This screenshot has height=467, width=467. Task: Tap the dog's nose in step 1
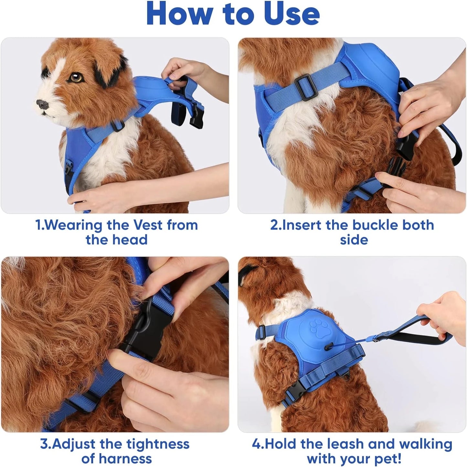[42, 104]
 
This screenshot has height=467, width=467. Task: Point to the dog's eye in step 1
[76, 78]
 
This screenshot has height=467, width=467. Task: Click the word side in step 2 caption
[354, 240]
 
